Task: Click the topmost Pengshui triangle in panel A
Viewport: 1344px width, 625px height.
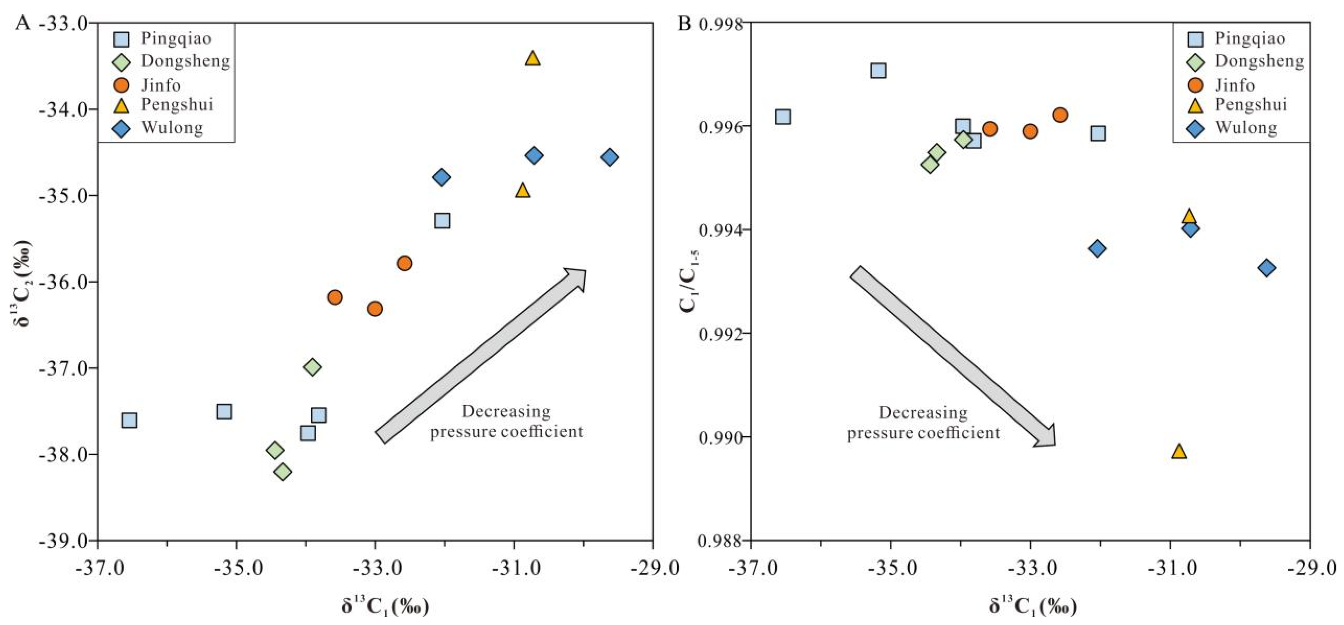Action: click(x=532, y=58)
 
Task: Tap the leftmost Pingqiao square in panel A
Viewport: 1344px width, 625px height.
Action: click(x=129, y=420)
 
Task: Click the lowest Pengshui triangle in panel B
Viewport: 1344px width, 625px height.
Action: click(x=1179, y=451)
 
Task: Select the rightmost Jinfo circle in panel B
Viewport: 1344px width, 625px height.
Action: click(x=1060, y=115)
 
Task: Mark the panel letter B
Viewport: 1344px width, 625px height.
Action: click(x=684, y=24)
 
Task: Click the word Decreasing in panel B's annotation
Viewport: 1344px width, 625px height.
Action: click(x=923, y=413)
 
